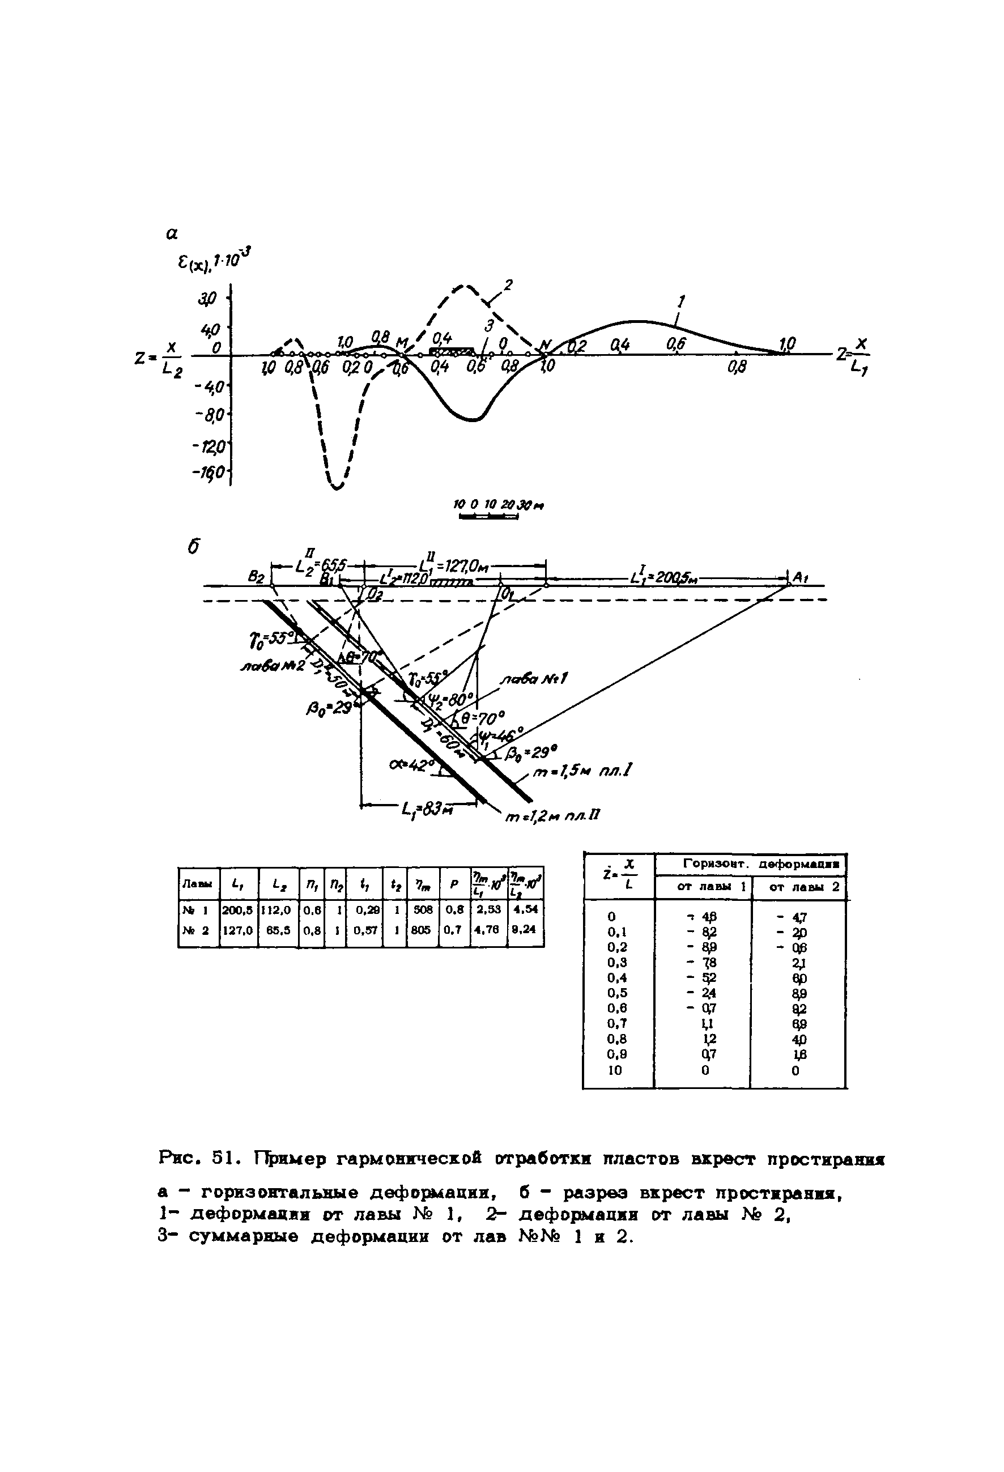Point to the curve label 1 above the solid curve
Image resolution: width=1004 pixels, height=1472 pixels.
pyautogui.click(x=682, y=300)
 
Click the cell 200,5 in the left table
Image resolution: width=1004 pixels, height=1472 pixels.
pyautogui.click(x=238, y=909)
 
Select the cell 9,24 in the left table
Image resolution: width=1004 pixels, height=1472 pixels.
pyautogui.click(x=526, y=930)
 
